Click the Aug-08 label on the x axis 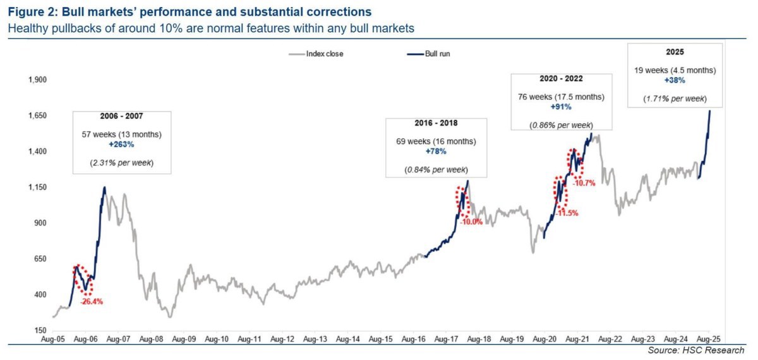150,339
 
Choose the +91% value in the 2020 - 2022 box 561,107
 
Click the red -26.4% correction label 92,302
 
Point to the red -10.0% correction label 471,222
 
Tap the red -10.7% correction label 584,183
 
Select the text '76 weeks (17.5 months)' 561,97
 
